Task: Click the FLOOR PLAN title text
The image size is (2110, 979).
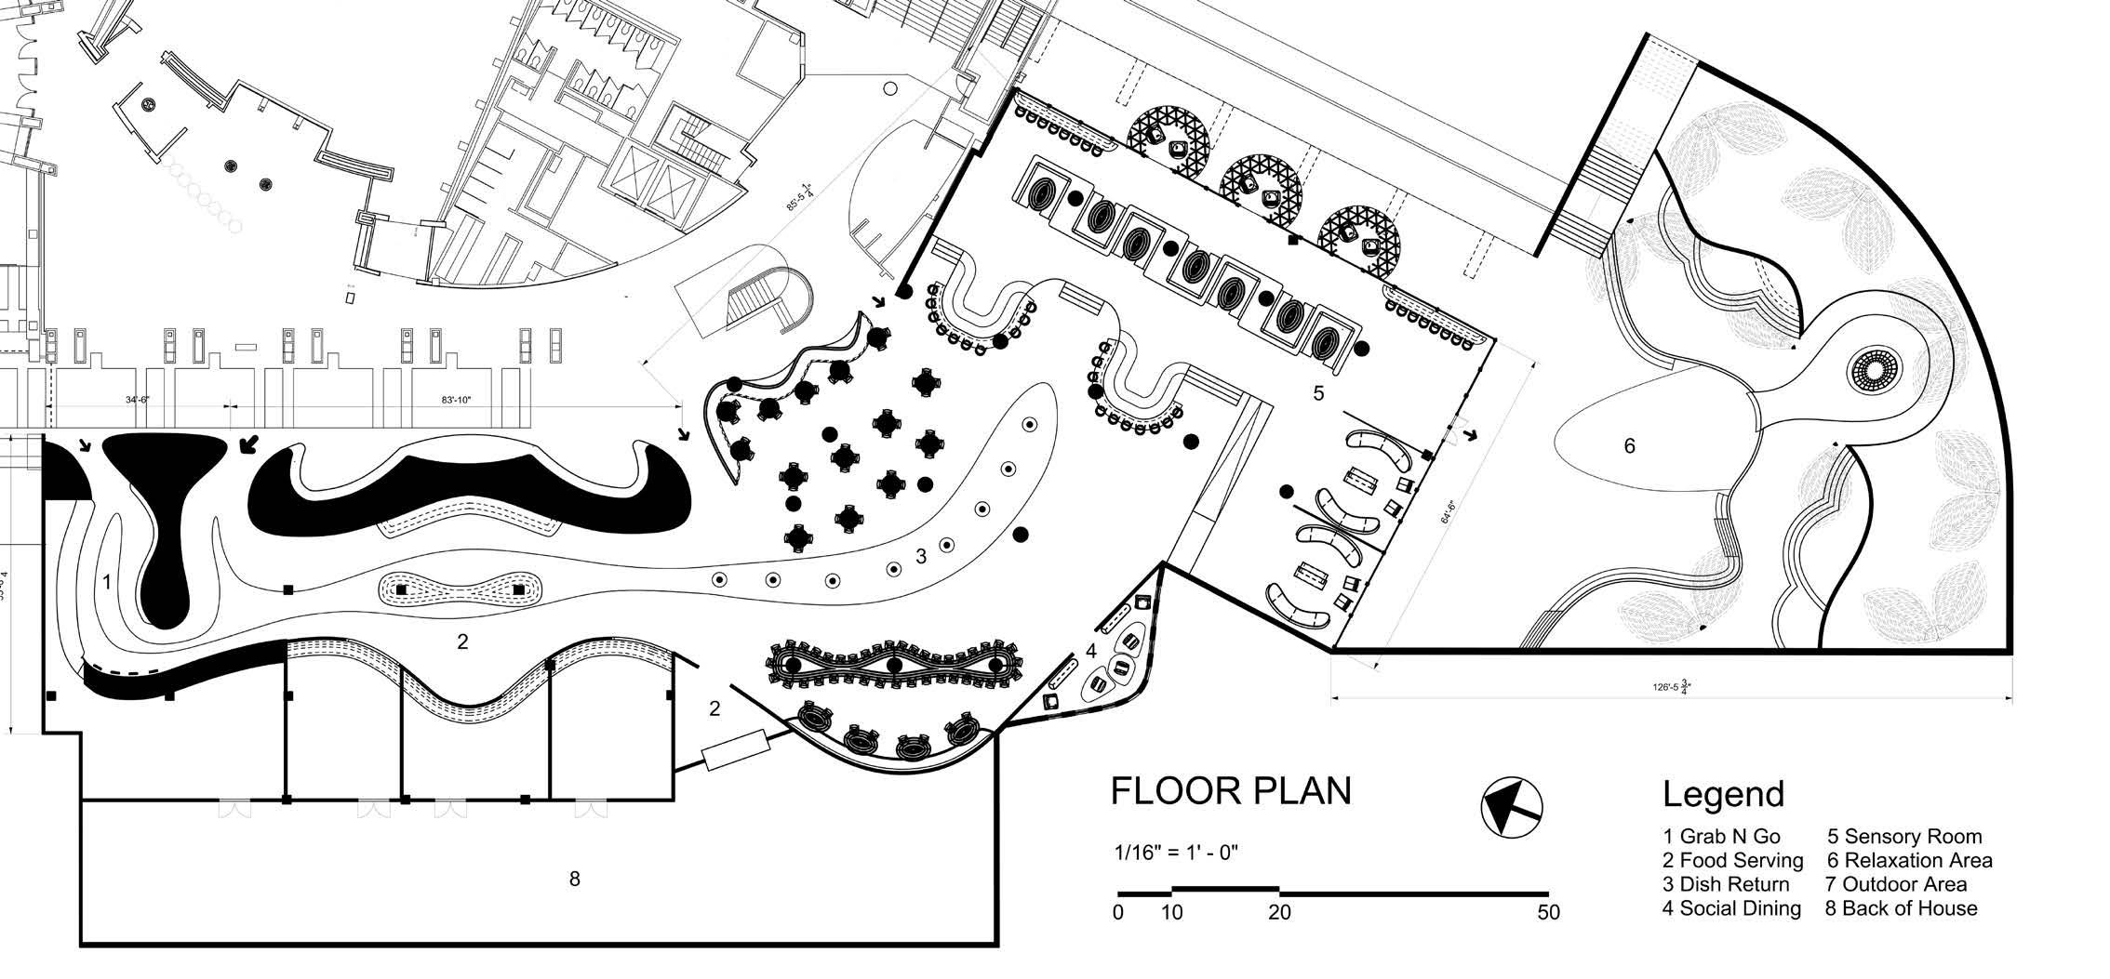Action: click(1230, 791)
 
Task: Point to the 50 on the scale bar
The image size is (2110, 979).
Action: click(1547, 913)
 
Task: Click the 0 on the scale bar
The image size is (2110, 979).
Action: click(1118, 913)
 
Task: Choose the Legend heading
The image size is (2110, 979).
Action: click(1723, 795)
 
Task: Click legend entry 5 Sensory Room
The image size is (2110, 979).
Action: click(1903, 837)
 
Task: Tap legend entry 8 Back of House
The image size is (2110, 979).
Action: click(1901, 908)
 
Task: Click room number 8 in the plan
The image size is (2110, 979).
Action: click(574, 879)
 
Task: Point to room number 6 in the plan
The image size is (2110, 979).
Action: click(1629, 446)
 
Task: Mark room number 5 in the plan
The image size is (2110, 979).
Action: click(1318, 393)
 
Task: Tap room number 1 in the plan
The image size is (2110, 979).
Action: click(107, 583)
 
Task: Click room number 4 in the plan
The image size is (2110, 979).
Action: click(1091, 651)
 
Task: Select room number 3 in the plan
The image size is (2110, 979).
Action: click(921, 556)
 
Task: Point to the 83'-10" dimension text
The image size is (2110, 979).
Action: click(457, 400)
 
